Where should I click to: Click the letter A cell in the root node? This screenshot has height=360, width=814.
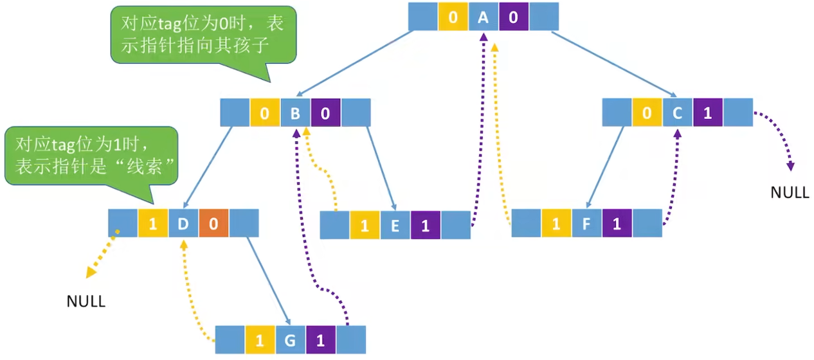point(484,17)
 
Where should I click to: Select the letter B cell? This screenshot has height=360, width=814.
point(295,113)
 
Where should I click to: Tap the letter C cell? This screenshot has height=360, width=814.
point(677,113)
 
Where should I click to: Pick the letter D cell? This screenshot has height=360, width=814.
point(183,224)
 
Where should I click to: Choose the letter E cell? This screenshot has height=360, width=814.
point(395,225)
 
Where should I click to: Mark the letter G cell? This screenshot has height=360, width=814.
point(290,340)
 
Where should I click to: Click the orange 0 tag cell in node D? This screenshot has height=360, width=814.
point(213,224)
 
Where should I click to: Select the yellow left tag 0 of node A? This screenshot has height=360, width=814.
point(453,17)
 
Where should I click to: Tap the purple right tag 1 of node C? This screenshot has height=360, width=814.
point(707,113)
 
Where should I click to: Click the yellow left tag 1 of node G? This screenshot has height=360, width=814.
point(260,340)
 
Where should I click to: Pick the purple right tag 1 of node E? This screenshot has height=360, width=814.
point(425,225)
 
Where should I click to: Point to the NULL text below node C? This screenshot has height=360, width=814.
point(790,192)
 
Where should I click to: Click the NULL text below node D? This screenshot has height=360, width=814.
point(86,301)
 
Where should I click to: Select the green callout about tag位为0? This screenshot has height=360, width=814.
point(203,35)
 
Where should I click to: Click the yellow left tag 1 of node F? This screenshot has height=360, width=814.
point(556,224)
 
